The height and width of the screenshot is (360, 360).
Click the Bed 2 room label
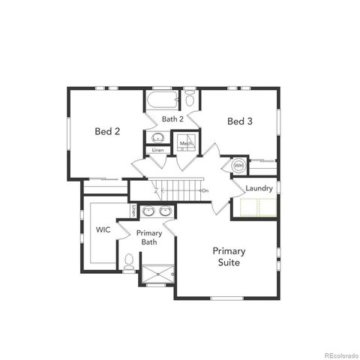108,131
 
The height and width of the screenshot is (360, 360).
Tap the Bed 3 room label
238,121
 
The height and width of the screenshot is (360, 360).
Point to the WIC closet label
103,229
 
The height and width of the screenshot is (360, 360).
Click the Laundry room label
259,188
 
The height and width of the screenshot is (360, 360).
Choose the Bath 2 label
172,119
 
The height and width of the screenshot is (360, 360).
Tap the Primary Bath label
150,238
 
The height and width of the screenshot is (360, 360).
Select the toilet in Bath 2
190,99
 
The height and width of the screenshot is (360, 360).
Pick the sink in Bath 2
158,137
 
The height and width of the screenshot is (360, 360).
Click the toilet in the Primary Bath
129,262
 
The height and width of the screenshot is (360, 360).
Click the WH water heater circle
238,166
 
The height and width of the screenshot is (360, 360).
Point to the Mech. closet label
184,142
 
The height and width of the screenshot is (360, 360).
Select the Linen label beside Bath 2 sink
157,151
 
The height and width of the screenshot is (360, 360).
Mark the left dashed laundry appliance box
248,207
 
